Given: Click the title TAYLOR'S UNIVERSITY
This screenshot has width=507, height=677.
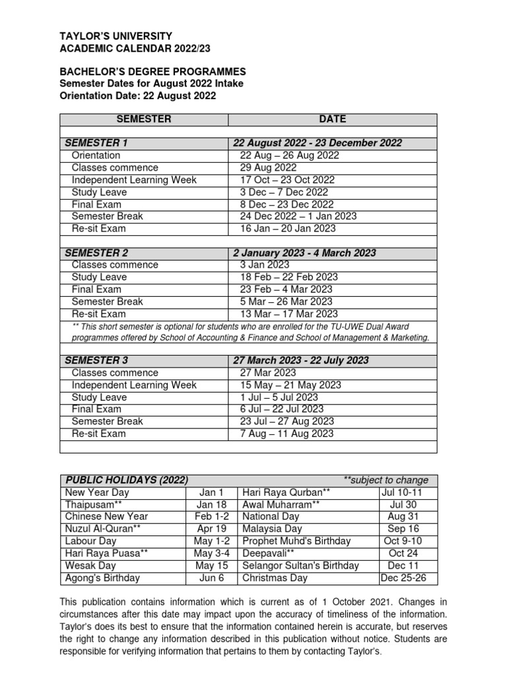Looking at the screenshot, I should [116, 36].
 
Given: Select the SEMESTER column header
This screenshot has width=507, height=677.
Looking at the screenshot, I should [144, 119].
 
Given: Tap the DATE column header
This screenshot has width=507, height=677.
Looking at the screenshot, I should [332, 119].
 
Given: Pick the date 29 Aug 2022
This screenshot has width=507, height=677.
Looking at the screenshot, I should [268, 168].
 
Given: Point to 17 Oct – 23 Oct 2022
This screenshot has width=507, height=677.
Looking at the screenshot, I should [287, 180].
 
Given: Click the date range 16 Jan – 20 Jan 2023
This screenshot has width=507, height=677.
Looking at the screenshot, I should [288, 229].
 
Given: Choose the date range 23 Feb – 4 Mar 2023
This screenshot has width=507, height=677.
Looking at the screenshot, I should [287, 289].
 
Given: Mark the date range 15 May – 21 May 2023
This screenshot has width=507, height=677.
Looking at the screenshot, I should [290, 385].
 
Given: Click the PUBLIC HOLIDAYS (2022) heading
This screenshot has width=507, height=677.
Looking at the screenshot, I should [126, 480].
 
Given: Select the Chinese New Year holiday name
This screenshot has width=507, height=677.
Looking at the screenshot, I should [106, 516].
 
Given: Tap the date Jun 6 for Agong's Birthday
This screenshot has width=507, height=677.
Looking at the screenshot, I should [212, 578].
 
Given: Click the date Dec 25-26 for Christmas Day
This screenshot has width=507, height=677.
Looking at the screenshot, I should [408, 578].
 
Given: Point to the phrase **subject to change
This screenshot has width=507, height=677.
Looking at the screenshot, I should [386, 480].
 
